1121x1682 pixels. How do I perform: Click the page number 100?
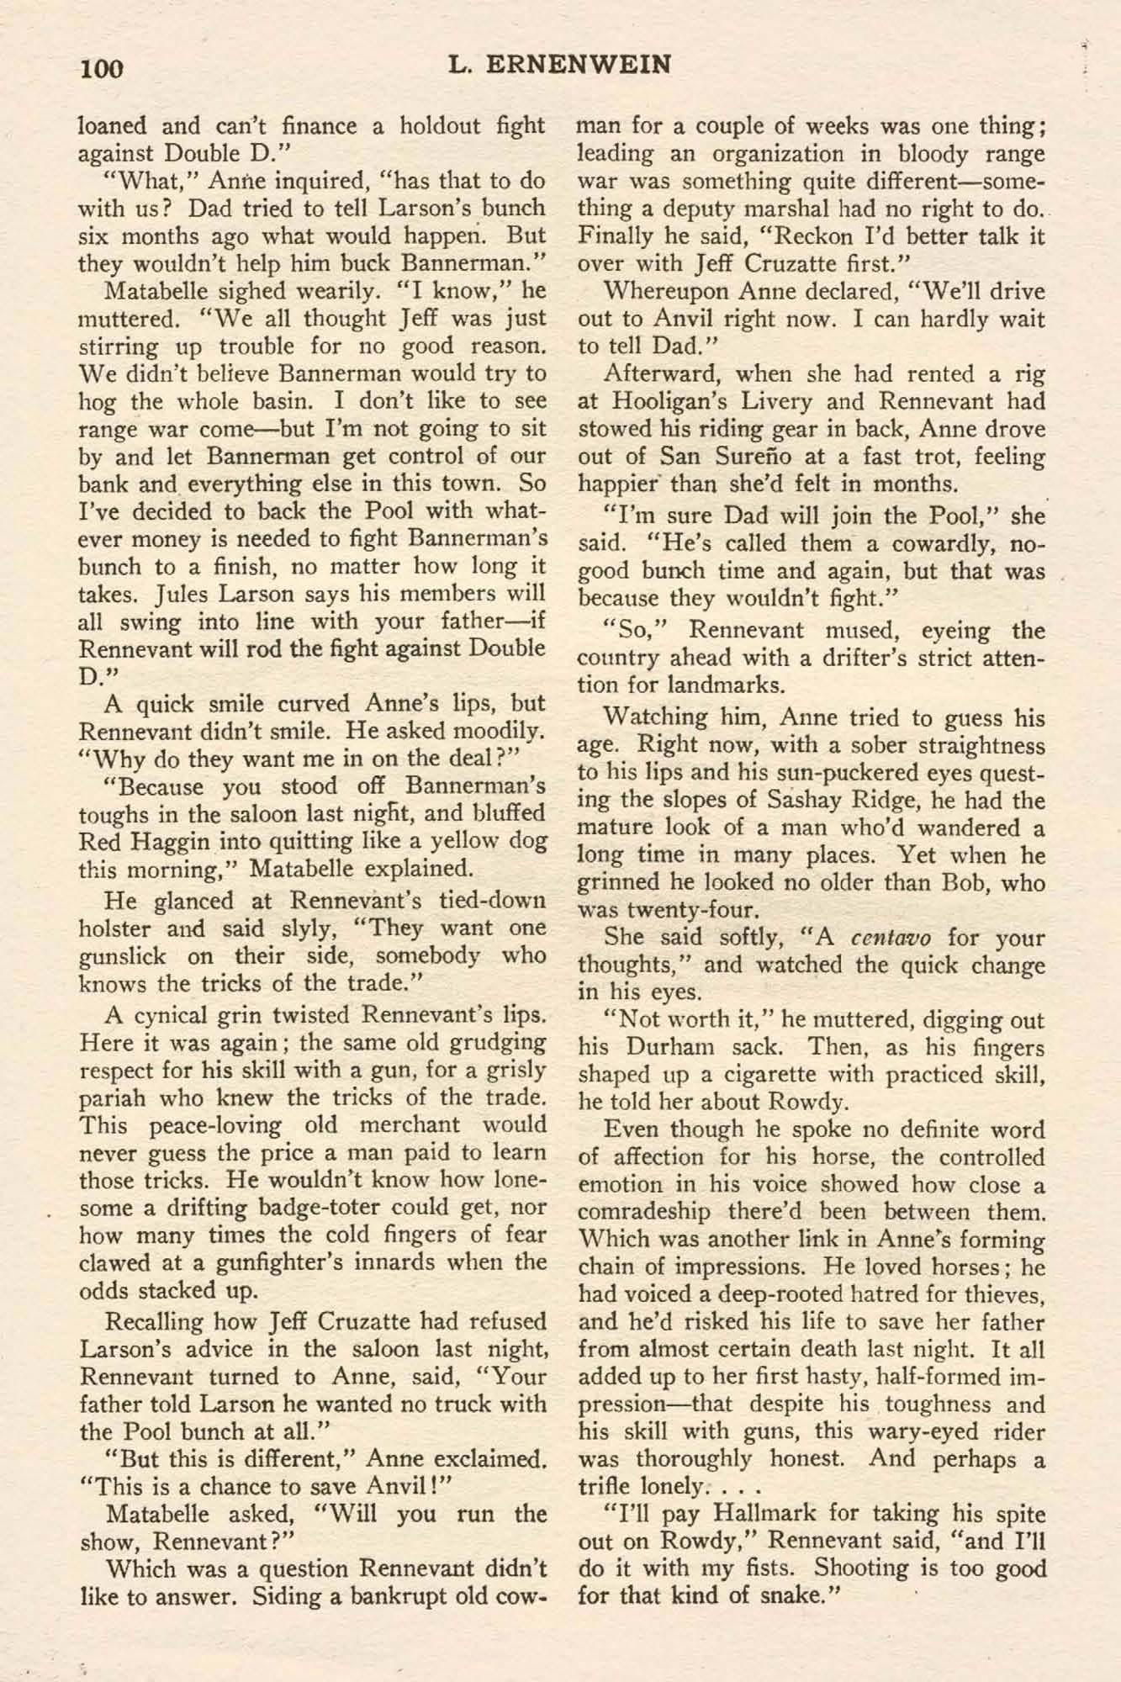[x=102, y=67]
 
